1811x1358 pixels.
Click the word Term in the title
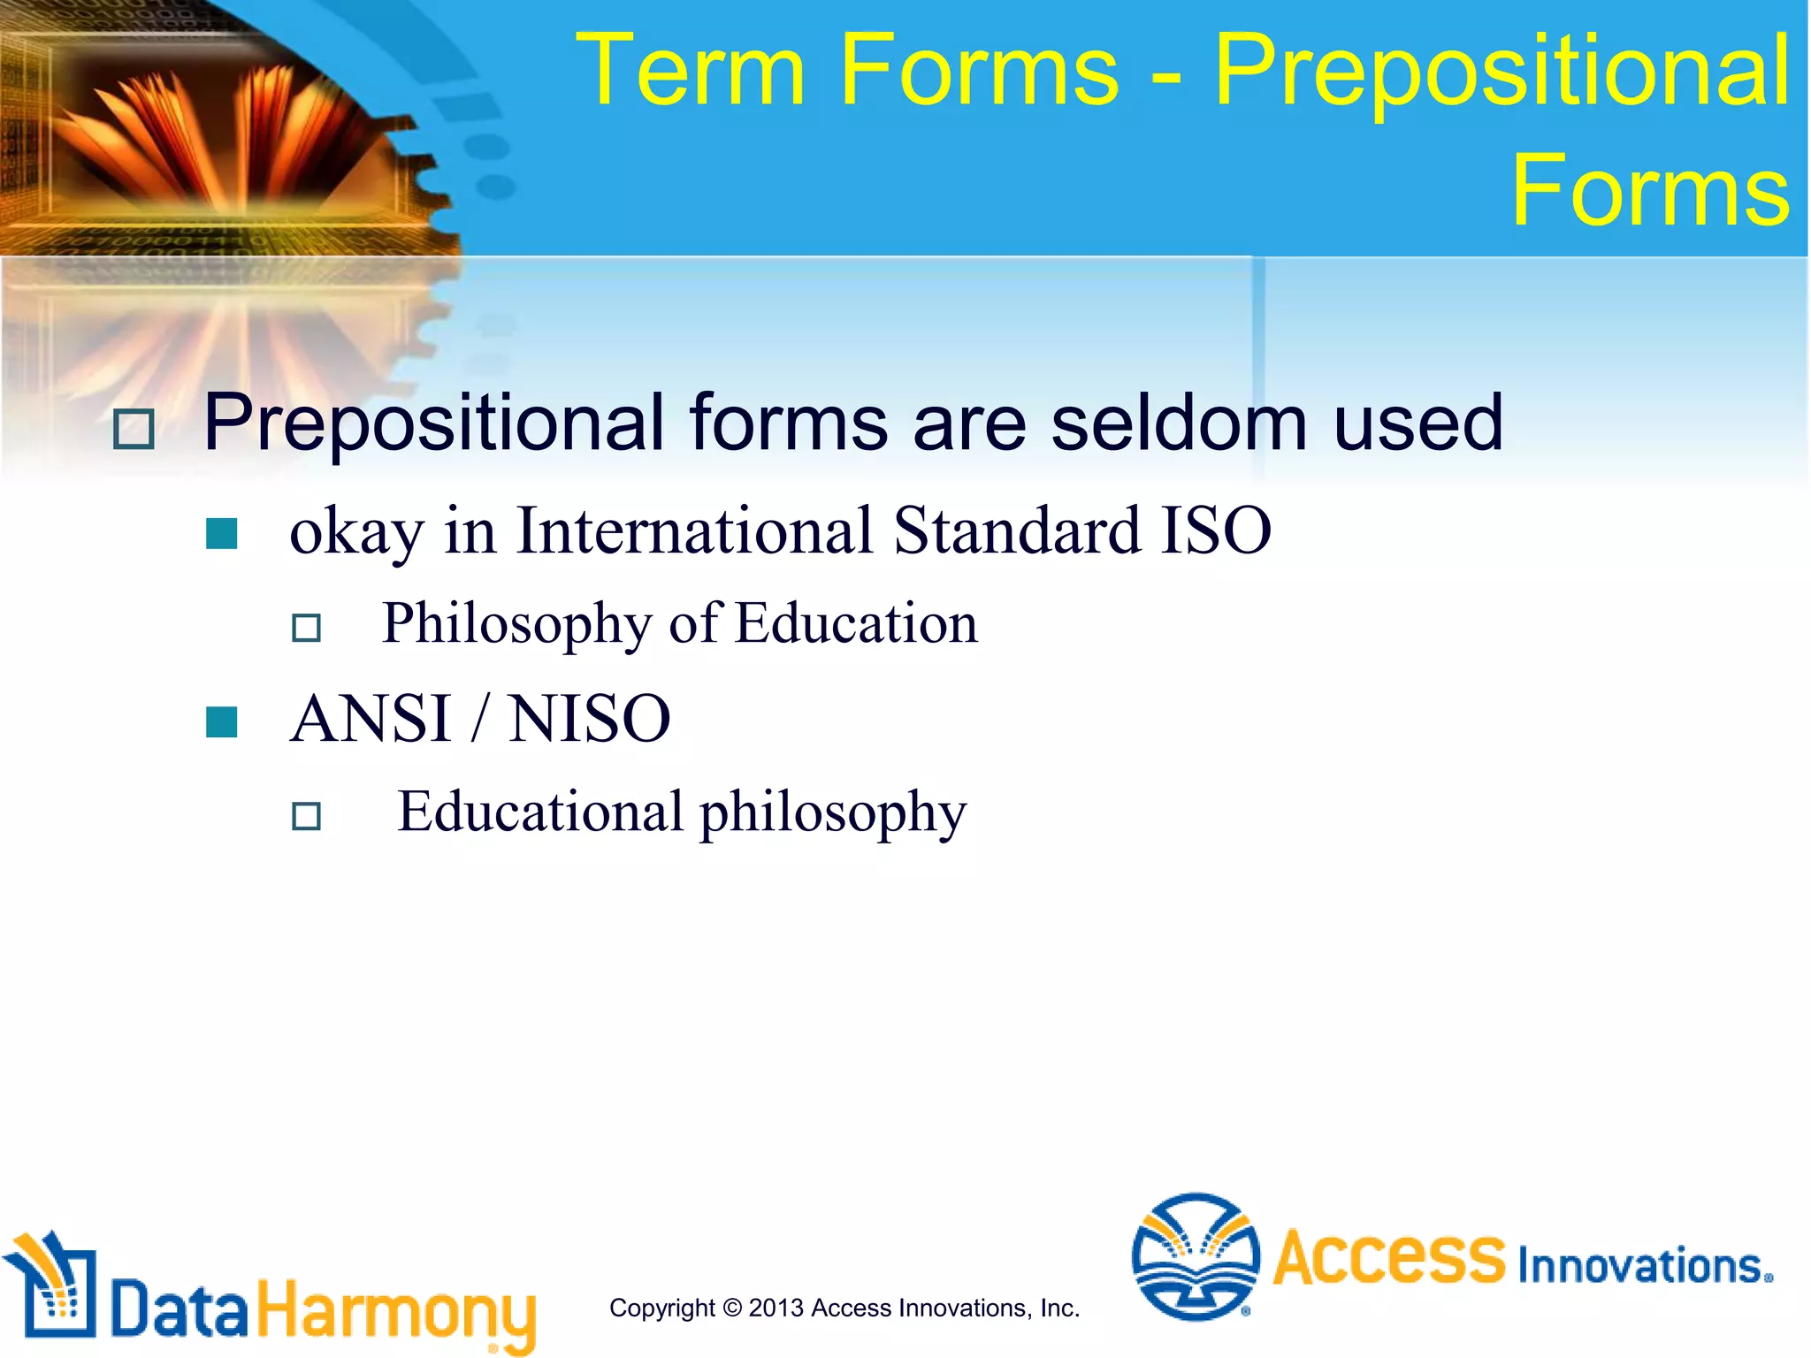point(690,71)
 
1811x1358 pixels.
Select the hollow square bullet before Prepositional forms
point(134,430)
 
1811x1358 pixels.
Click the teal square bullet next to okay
point(221,534)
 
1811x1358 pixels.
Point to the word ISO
point(1216,530)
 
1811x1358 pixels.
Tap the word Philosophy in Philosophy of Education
point(516,624)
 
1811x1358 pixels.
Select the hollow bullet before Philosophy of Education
point(306,628)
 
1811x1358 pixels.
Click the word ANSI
point(371,718)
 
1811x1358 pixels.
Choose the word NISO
point(590,718)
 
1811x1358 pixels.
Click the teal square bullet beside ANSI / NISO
point(221,721)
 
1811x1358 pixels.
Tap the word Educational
point(540,812)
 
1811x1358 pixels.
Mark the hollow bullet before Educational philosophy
point(306,815)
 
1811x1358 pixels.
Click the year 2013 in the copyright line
point(776,1308)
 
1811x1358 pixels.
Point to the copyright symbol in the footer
point(731,1308)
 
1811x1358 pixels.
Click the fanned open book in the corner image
point(221,133)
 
